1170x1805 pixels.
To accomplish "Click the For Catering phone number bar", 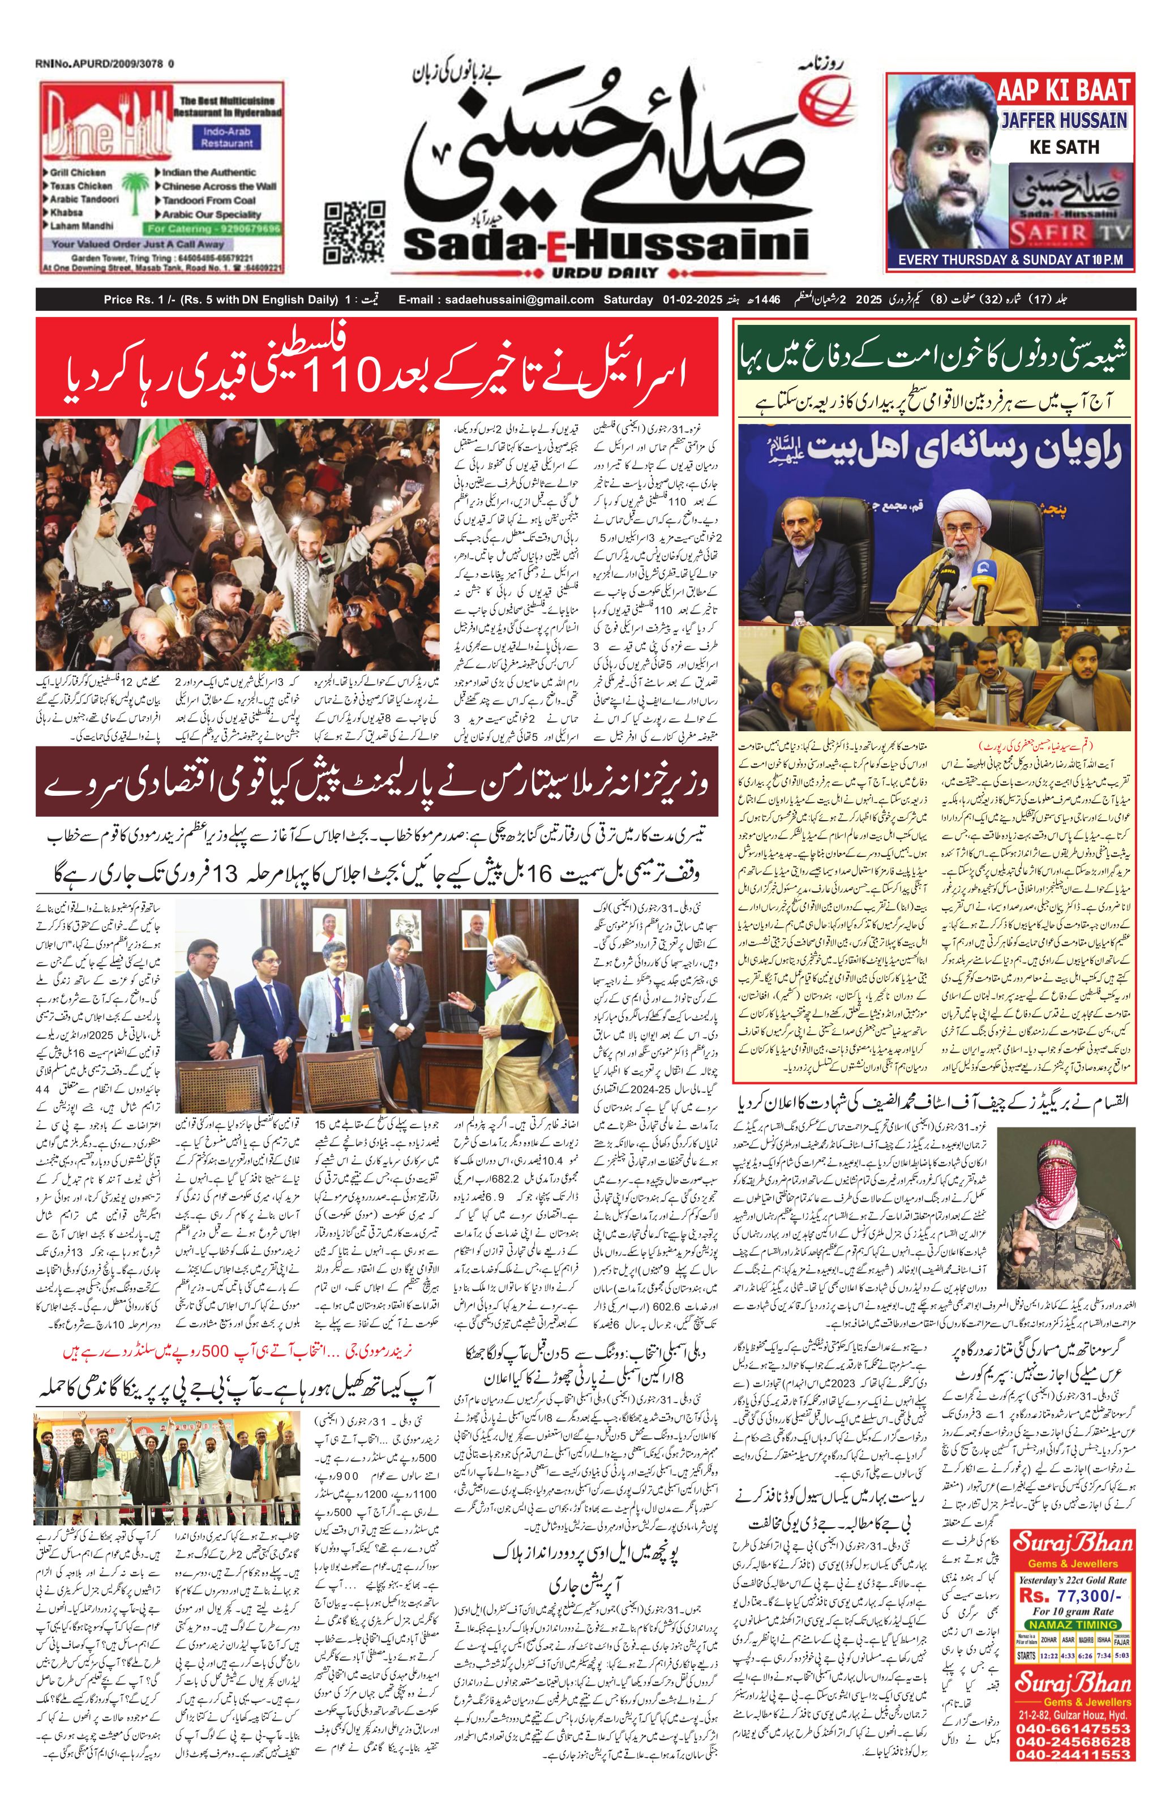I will tap(215, 228).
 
